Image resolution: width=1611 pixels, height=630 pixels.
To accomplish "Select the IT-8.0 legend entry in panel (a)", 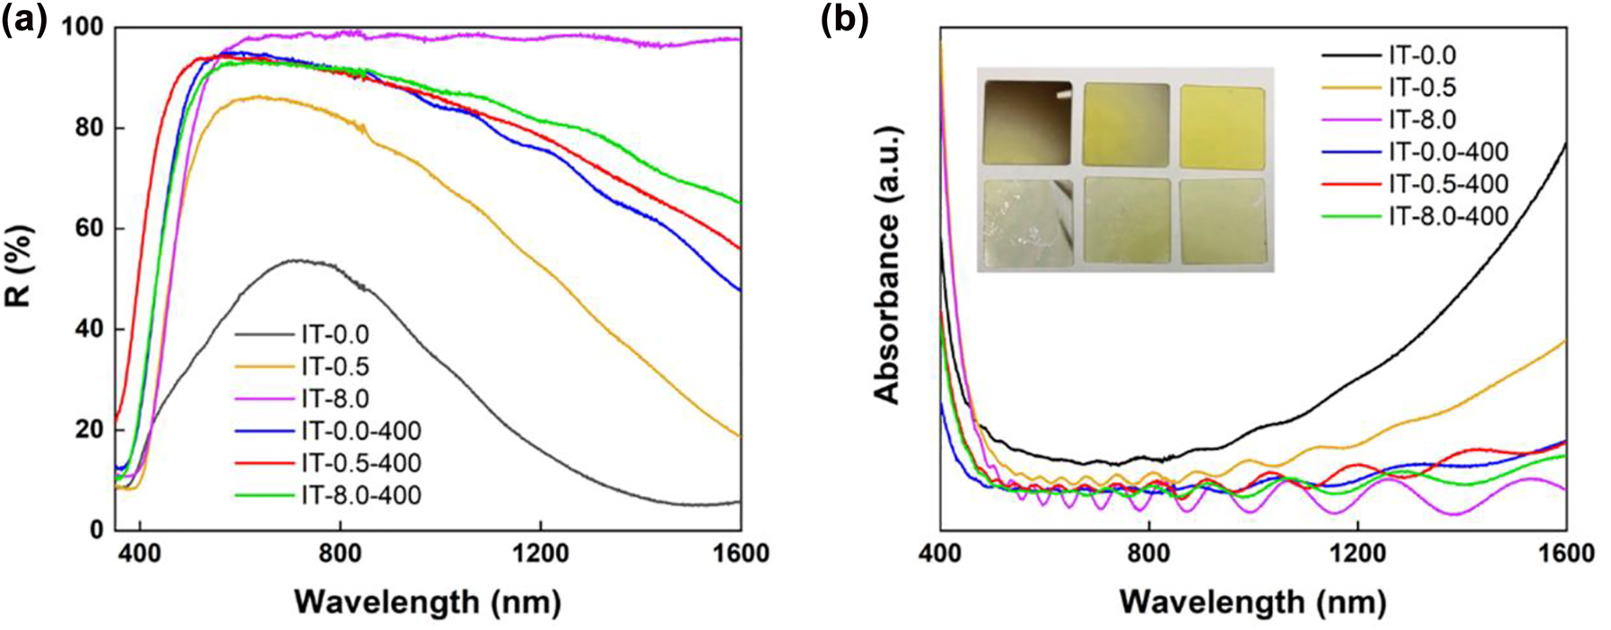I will pos(335,398).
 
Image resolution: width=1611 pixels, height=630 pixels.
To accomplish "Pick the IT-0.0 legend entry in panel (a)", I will pos(335,335).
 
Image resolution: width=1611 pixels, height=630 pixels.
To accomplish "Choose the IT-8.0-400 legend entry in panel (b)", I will pos(1448,215).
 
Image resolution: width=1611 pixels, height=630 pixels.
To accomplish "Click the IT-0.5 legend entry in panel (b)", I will pos(1423,87).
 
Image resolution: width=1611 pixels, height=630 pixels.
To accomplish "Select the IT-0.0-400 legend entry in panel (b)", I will pos(1448,152).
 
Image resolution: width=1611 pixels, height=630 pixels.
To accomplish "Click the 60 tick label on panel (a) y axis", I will pos(89,229).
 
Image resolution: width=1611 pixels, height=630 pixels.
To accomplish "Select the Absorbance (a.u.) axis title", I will pos(887,266).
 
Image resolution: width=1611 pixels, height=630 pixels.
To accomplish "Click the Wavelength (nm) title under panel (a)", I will pos(427,600).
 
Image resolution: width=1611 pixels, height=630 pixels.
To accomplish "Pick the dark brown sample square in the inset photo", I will pos(1027,123).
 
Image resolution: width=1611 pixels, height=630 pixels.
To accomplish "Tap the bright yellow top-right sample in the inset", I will pos(1222,126).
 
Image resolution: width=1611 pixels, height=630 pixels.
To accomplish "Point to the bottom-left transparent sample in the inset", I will pos(1028,223).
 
